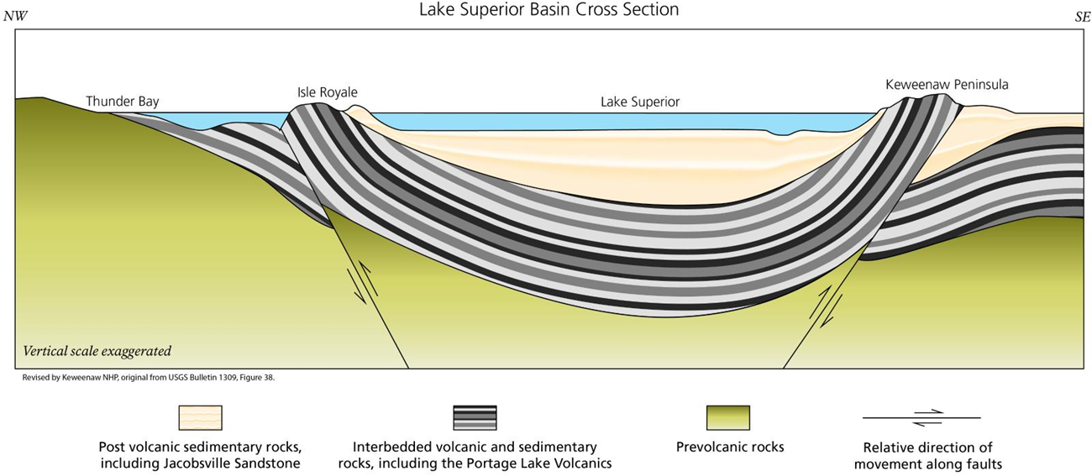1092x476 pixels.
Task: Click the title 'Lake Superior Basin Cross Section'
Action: [x=549, y=10]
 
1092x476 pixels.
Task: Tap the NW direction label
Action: [x=16, y=16]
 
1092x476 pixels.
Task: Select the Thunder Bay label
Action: [x=123, y=102]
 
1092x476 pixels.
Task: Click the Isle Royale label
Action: [x=327, y=92]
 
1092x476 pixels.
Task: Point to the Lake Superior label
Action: [x=640, y=102]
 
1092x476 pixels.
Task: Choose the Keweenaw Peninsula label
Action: [x=947, y=85]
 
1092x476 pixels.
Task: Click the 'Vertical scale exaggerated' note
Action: [x=97, y=351]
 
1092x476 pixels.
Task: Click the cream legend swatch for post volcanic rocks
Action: [x=200, y=417]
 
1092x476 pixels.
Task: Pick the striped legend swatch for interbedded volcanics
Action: [x=475, y=417]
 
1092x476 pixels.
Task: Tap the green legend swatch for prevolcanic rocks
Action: [x=728, y=417]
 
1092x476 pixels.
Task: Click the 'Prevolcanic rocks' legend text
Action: [x=729, y=447]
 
